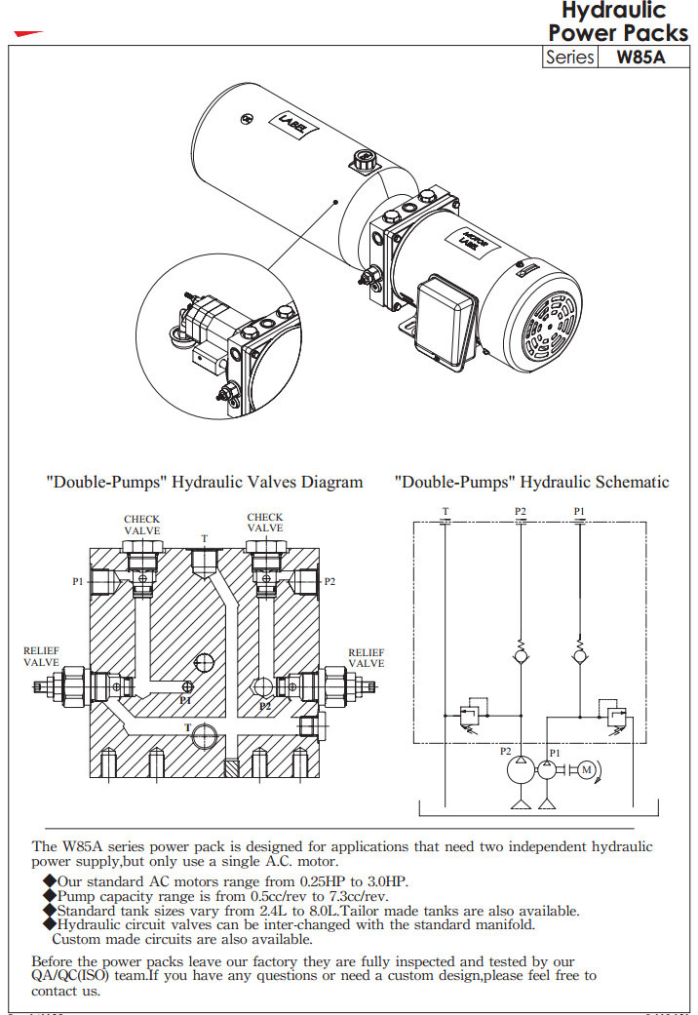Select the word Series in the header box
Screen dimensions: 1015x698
coord(570,57)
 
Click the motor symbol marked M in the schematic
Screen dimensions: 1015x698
coord(586,770)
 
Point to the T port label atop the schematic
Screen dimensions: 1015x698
coord(446,511)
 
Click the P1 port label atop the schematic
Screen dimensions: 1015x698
coord(580,511)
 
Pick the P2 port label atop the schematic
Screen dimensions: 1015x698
coord(521,511)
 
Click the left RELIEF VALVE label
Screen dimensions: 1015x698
coord(42,657)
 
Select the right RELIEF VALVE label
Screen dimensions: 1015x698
coord(367,657)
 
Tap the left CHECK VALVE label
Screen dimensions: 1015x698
coord(142,525)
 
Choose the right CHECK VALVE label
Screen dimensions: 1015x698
coord(265,523)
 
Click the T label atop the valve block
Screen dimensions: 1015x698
coord(204,538)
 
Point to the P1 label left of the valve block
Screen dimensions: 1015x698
coord(78,581)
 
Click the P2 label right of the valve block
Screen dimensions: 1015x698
coord(330,581)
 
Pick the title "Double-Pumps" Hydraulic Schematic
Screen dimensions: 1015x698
coord(531,482)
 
